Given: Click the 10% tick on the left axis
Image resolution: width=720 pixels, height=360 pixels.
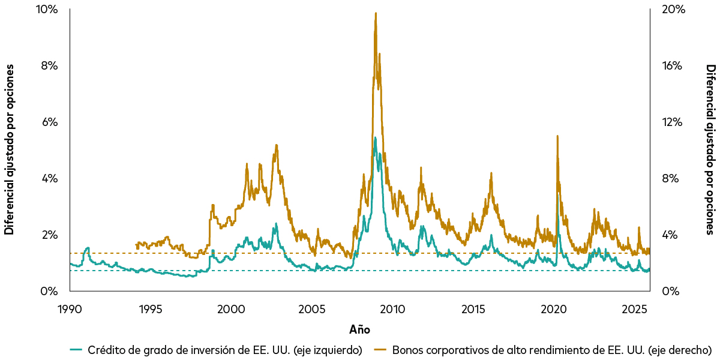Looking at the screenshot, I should (48, 10).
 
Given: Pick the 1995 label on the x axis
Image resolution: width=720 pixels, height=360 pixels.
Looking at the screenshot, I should (151, 310).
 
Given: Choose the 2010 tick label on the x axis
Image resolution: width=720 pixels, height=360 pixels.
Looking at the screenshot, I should (393, 310).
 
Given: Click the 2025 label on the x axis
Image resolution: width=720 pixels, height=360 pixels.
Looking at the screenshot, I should (635, 310).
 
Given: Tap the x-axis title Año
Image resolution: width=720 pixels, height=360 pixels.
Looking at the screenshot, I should (359, 329).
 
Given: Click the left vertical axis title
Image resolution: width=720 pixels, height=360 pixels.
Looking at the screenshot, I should (9, 150).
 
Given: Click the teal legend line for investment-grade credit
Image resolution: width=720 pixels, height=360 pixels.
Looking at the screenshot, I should (76, 350).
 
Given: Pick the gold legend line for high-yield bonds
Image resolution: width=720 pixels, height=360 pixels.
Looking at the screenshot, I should (380, 350).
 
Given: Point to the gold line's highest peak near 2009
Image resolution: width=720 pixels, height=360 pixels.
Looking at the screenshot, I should (376, 13).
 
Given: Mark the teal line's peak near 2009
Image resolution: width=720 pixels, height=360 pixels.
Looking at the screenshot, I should (375, 137).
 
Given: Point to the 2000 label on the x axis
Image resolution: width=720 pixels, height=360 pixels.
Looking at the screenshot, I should (232, 310).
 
